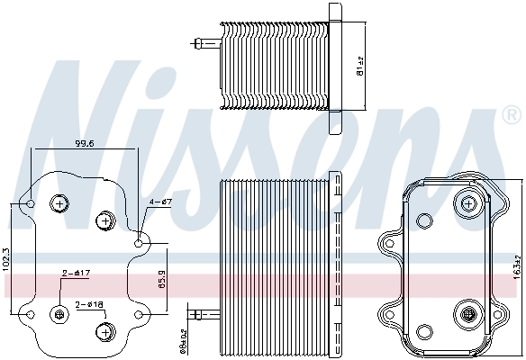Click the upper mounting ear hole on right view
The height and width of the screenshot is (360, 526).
pos(391,243)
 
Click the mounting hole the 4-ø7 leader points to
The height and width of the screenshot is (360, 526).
pos(139,243)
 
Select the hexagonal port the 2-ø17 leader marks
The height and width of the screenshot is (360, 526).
pos(60,314)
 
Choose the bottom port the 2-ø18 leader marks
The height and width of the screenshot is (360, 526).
pos(104,331)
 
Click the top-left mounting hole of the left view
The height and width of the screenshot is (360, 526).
pos(30,203)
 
